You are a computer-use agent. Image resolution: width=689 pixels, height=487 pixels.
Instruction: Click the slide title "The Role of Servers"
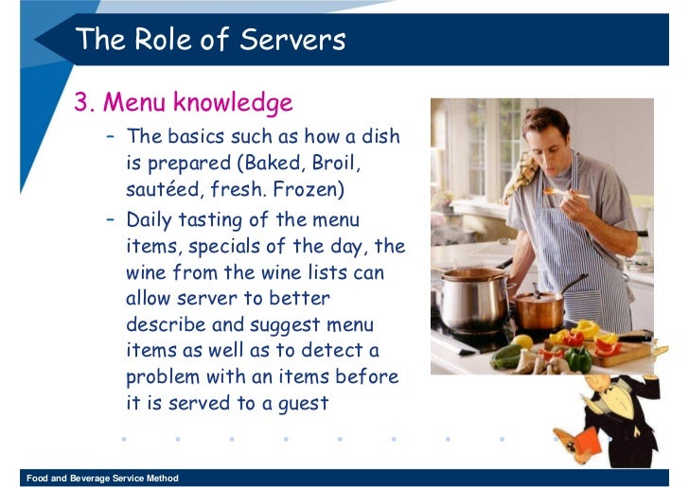(x=210, y=40)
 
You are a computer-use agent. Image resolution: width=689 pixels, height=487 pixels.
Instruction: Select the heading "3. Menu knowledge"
(x=184, y=101)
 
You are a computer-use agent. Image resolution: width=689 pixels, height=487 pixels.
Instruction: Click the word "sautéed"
(x=164, y=189)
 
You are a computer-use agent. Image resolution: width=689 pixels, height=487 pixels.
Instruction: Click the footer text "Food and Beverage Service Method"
(x=102, y=478)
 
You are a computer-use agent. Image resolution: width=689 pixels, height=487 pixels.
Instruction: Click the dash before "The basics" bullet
(x=112, y=136)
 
